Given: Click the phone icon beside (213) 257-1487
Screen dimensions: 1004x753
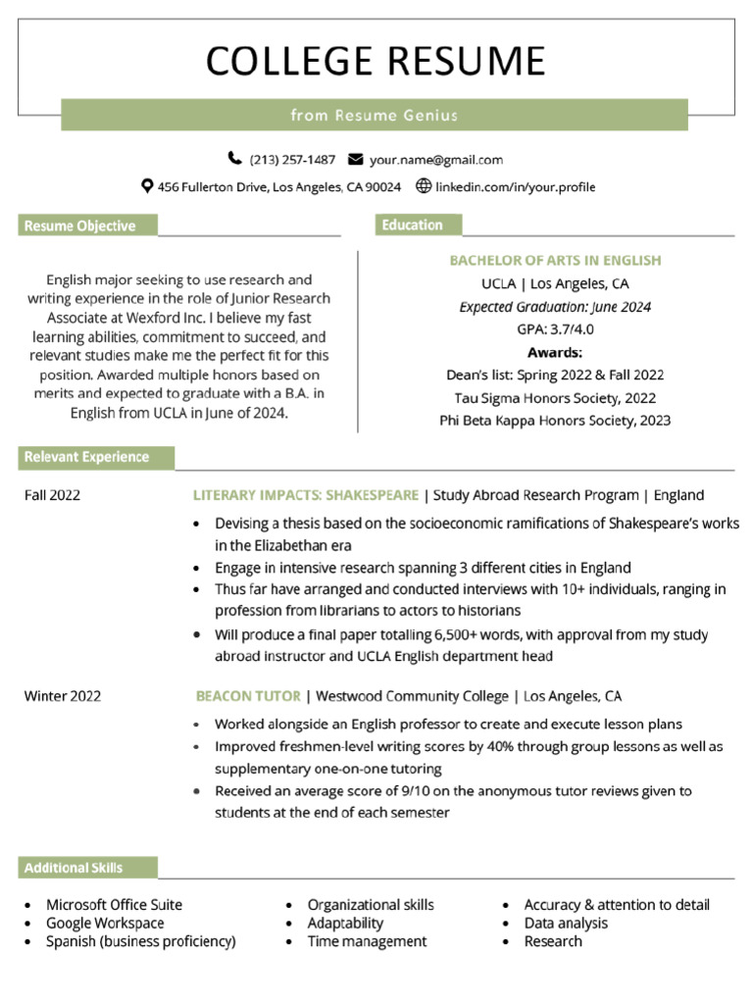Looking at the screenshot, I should [x=234, y=159].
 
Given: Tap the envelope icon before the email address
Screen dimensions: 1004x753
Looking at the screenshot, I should [x=355, y=159].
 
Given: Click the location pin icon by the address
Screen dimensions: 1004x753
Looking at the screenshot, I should [x=147, y=186].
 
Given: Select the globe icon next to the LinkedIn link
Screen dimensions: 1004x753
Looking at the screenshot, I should [x=424, y=186].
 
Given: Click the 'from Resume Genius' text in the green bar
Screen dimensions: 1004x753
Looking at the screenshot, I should [x=375, y=116].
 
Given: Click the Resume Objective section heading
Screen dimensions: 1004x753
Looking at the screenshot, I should [x=80, y=226].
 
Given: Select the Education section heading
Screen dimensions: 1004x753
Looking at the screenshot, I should [x=413, y=226].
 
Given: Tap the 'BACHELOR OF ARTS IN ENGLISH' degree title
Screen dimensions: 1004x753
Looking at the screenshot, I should [x=555, y=261].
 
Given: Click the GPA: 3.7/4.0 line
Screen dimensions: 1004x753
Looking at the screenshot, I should [x=555, y=329].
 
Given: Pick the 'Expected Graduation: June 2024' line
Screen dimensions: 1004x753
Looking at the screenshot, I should [x=555, y=307].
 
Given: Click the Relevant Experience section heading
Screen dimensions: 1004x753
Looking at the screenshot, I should [x=87, y=457].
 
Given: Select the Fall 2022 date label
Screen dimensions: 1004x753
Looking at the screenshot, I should [x=53, y=495].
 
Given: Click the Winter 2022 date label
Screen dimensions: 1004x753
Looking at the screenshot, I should [x=63, y=697].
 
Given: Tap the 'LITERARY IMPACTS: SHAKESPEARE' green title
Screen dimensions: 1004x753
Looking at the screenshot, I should [x=305, y=495].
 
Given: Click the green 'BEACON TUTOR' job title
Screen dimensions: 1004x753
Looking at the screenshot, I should [x=248, y=697].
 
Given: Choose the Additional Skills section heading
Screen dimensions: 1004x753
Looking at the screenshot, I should [x=75, y=868].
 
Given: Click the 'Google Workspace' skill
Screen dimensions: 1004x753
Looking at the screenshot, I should [x=105, y=924].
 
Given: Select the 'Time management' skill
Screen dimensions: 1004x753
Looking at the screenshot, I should [x=367, y=941].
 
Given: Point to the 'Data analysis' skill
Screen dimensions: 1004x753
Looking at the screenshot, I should [x=566, y=924].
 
